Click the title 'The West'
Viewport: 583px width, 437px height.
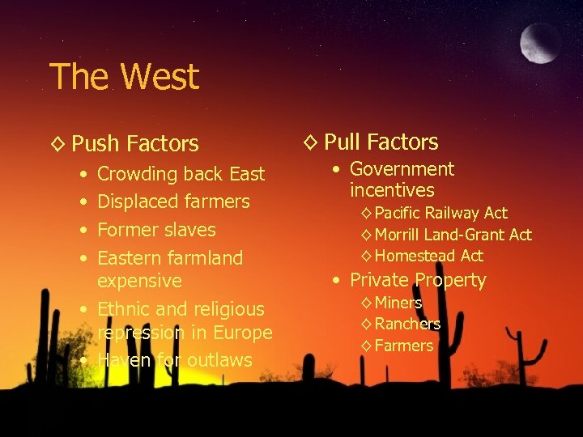tap(124, 77)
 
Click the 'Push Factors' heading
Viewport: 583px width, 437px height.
tap(134, 144)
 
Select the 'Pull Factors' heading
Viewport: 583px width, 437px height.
tap(381, 142)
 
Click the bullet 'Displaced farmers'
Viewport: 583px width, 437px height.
tap(173, 202)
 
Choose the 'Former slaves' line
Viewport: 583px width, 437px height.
tap(156, 230)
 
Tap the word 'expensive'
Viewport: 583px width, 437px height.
tap(139, 281)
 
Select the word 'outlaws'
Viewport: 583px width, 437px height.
tap(220, 360)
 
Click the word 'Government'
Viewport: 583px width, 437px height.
tap(402, 169)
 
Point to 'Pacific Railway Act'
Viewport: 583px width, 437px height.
tap(440, 213)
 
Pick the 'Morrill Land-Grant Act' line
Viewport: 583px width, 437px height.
tap(453, 235)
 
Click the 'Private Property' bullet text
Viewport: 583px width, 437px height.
tap(418, 281)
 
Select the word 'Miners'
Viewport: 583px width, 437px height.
tap(398, 303)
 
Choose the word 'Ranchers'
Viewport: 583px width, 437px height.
tap(407, 324)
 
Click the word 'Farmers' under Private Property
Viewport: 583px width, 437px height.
tap(404, 346)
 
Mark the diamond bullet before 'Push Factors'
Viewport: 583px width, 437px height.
tap(57, 144)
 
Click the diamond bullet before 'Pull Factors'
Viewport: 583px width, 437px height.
tap(310, 142)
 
